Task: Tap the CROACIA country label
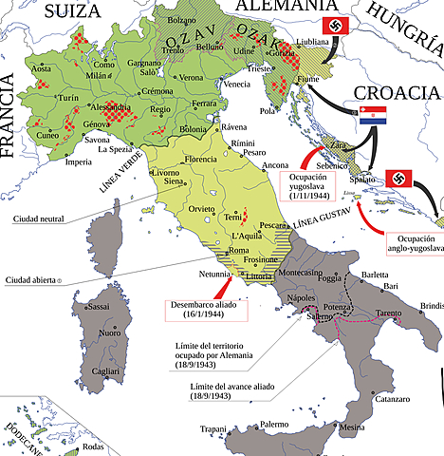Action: pyautogui.click(x=396, y=92)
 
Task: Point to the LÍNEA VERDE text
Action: pyautogui.click(x=119, y=173)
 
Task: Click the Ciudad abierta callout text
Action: pyautogui.click(x=32, y=280)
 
